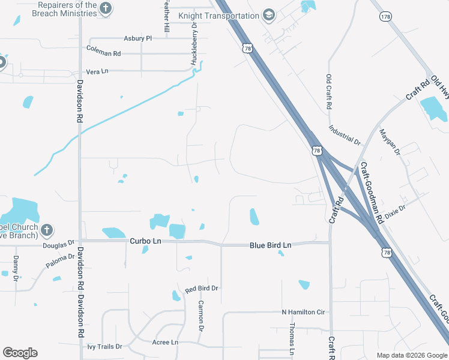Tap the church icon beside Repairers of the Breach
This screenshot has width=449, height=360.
[x=106, y=8]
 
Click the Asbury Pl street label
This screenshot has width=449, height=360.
[x=138, y=38]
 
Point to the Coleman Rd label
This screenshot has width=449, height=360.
[x=104, y=53]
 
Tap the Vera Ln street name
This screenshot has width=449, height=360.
[x=97, y=71]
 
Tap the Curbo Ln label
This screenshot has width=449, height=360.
[x=146, y=241]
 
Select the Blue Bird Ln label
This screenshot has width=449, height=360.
[x=270, y=245]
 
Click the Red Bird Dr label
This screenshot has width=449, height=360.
[x=201, y=289]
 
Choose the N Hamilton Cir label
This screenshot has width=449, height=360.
[x=303, y=312]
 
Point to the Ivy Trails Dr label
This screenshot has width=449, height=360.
[x=104, y=347]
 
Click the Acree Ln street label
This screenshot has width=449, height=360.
[x=165, y=342]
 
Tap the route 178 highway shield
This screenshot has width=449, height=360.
[x=385, y=16]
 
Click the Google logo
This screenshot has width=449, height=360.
[x=20, y=353]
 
